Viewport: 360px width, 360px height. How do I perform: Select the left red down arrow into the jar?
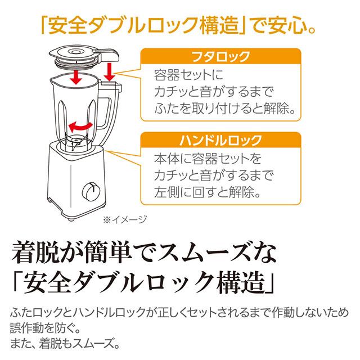pos(74,77)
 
